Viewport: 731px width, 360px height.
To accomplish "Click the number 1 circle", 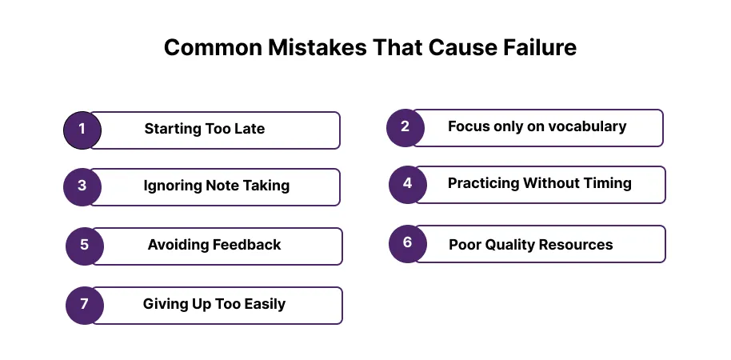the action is pyautogui.click(x=82, y=130).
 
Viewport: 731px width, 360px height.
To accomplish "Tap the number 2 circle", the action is pyautogui.click(x=405, y=128).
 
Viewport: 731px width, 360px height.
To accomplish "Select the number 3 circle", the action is pyautogui.click(x=82, y=187).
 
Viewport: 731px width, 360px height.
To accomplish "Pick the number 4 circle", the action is pyautogui.click(x=407, y=185).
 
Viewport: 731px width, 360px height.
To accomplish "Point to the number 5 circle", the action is pyautogui.click(x=85, y=246).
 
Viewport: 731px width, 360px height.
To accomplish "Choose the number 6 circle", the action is pyautogui.click(x=407, y=244).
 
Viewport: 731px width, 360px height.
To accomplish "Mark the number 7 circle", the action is pyautogui.click(x=85, y=306).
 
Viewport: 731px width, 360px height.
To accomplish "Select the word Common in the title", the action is pyautogui.click(x=213, y=47).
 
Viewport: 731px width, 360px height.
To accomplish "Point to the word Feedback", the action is pyautogui.click(x=246, y=244).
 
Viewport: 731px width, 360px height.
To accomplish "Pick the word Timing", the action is pyautogui.click(x=609, y=183).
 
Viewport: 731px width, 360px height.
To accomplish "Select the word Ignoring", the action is pyautogui.click(x=172, y=186).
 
